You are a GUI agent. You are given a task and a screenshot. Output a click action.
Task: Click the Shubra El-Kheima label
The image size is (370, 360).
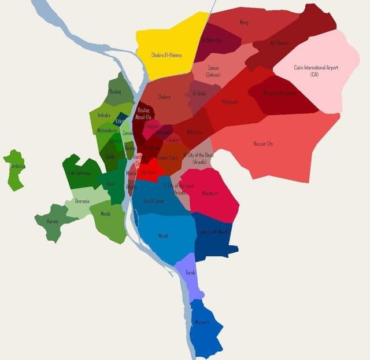[x=166, y=55]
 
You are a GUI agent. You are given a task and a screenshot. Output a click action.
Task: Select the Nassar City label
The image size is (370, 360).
[x=263, y=143]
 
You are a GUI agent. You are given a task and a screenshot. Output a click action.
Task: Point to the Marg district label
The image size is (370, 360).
[x=243, y=23]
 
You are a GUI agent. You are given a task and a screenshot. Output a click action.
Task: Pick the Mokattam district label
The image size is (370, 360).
[x=210, y=193]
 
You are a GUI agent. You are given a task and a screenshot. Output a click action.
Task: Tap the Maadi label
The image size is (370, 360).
[x=164, y=236]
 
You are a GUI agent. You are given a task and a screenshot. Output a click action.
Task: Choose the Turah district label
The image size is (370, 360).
[x=191, y=272]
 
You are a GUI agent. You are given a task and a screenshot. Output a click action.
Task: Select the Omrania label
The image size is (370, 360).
[x=82, y=201]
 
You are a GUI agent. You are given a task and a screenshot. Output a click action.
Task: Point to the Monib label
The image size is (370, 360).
[x=105, y=214]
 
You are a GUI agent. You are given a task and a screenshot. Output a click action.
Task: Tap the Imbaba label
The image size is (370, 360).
[x=104, y=115]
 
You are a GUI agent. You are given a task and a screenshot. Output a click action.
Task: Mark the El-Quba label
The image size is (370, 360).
[x=199, y=93]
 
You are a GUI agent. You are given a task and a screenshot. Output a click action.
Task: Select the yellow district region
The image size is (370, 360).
[x=168, y=46]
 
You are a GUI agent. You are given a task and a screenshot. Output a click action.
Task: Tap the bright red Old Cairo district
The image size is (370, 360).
[x=149, y=172]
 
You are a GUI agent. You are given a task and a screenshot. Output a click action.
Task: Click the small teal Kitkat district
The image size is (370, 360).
[x=120, y=121]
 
